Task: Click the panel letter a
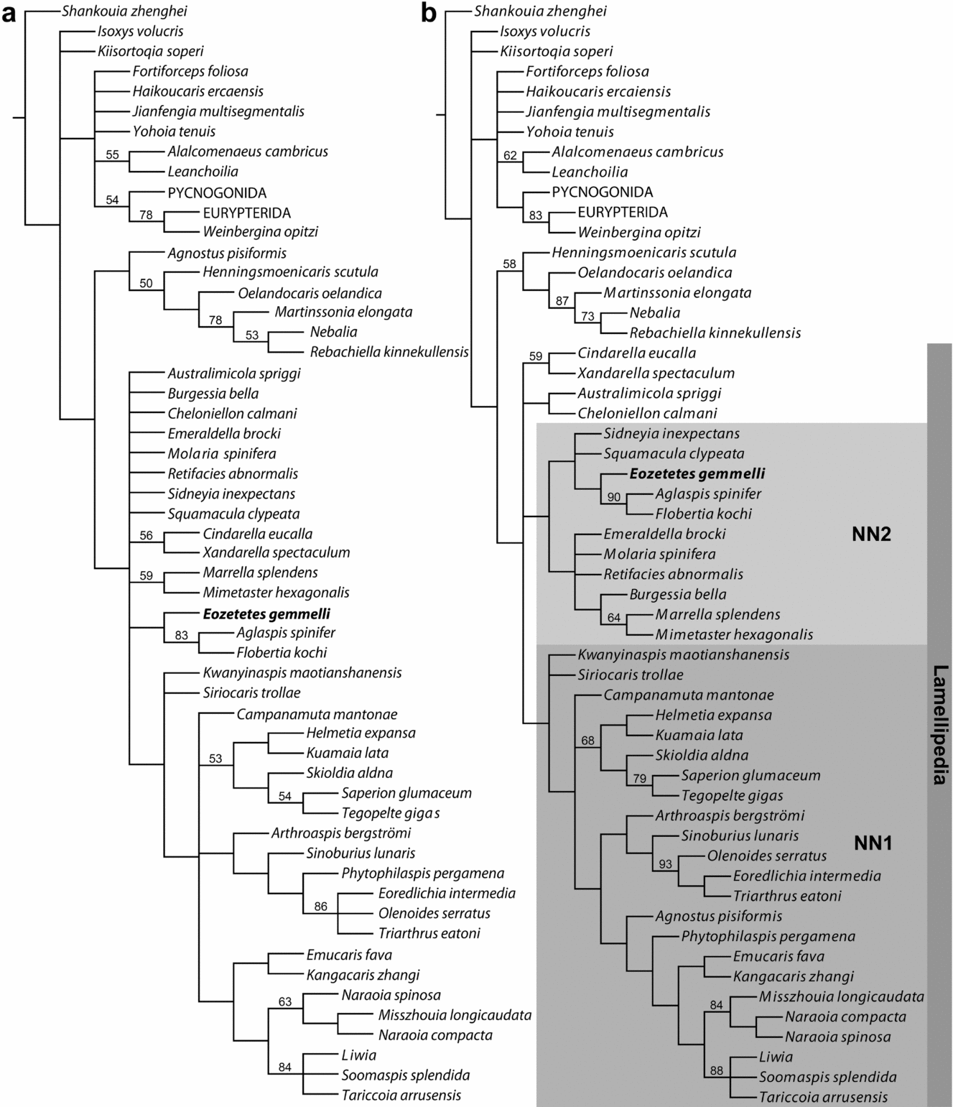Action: tap(9, 14)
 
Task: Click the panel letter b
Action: tap(429, 13)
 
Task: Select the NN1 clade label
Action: tap(873, 843)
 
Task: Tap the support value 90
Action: tap(614, 497)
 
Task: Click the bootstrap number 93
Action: tap(665, 864)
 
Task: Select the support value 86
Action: tap(320, 907)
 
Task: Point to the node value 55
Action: tap(112, 154)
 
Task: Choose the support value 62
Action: tap(510, 155)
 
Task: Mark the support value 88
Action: tap(716, 1070)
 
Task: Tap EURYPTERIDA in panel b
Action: tap(623, 212)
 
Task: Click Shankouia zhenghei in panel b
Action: tap(540, 11)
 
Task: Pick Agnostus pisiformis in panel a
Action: tap(226, 253)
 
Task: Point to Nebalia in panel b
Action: tap(654, 312)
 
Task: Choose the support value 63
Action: tap(285, 1001)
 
